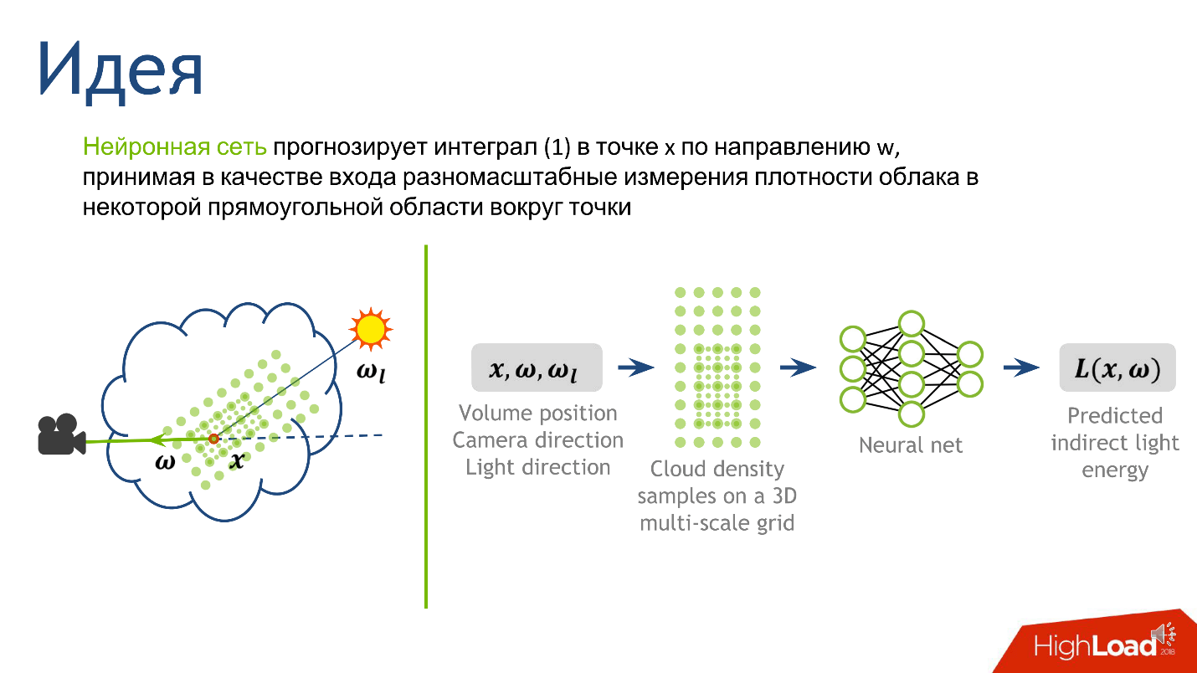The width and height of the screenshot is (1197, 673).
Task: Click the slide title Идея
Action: coord(120,69)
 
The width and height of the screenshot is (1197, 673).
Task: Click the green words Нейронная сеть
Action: coord(175,148)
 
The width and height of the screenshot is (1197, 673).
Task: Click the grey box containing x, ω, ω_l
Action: coord(537,367)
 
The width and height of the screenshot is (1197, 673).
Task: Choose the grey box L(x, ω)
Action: coord(1117,367)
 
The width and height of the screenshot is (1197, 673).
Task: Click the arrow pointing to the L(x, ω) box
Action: coord(1022,367)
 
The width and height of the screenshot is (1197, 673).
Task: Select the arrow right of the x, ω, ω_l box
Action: coord(636,367)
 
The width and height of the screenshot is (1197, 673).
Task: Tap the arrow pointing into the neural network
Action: coord(798,367)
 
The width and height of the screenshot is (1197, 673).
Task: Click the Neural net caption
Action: coord(911,445)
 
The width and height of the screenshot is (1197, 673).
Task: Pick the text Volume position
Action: coord(538,414)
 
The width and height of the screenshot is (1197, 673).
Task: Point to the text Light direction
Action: coord(538,467)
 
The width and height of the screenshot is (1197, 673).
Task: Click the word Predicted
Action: coord(1115,416)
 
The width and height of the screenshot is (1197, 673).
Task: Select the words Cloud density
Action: coord(717,469)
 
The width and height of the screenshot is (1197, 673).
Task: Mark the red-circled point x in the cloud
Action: coord(213,439)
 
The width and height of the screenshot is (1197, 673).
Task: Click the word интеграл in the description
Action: coord(487,148)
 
